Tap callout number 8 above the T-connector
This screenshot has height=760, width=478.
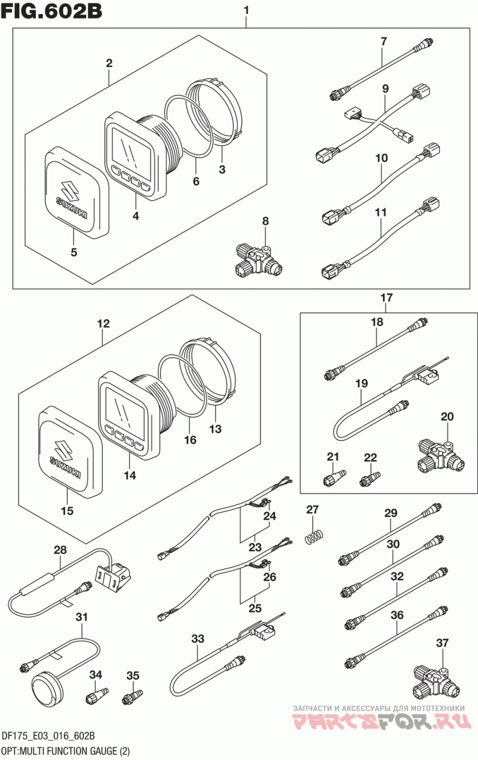coord(265,221)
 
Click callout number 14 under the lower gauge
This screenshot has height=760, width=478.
coord(130,476)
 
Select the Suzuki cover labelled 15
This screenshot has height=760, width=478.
coord(71,451)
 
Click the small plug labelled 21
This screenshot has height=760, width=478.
coord(334,478)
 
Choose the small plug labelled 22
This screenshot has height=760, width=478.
coord(370,479)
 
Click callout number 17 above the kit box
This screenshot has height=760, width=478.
coord(387,298)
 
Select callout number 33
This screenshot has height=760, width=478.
coord(198,639)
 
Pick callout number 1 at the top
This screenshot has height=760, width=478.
coord(246,11)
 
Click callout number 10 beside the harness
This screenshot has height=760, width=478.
coord(381,158)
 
